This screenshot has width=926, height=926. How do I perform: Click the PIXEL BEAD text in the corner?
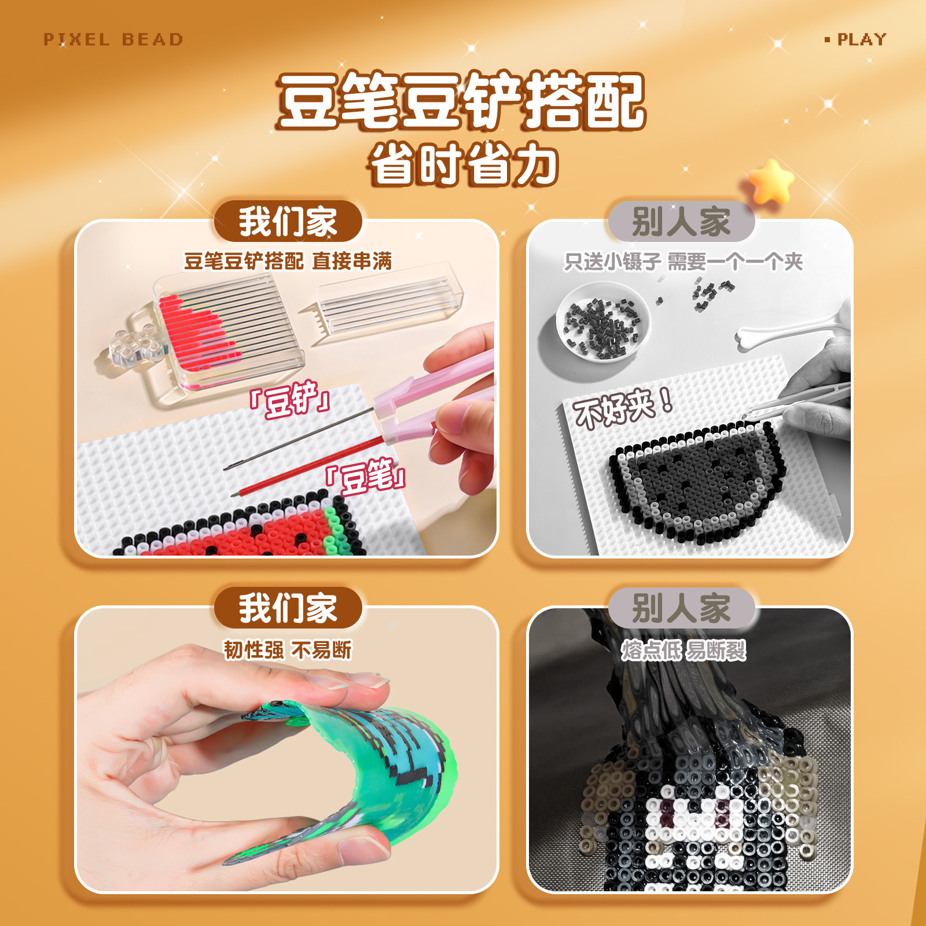pyautogui.click(x=113, y=39)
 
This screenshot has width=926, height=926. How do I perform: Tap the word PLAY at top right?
pyautogui.click(x=861, y=39)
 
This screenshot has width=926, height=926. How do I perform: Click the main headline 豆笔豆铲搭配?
pyautogui.click(x=461, y=101)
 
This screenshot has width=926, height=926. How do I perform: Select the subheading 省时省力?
pyautogui.click(x=463, y=165)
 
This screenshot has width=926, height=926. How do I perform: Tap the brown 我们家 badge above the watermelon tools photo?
pyautogui.click(x=288, y=221)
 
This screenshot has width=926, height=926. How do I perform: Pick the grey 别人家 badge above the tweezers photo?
pyautogui.click(x=681, y=221)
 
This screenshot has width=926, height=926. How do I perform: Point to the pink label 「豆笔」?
pyautogui.click(x=366, y=476)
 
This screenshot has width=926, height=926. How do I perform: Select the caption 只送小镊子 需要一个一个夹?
pyautogui.click(x=683, y=262)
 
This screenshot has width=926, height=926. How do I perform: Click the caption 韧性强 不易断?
pyautogui.click(x=288, y=649)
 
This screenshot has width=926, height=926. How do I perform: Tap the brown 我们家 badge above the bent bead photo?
pyautogui.click(x=288, y=608)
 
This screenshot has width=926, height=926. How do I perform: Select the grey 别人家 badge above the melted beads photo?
pyautogui.click(x=681, y=608)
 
